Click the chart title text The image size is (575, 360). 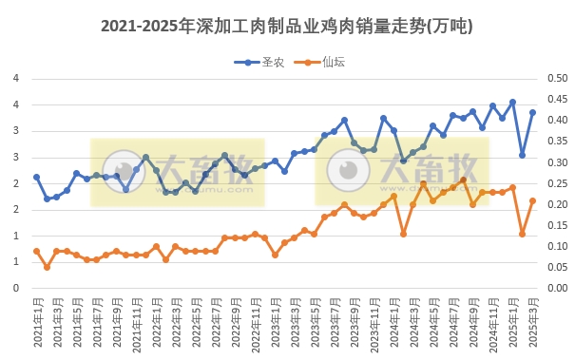pyautogui.click(x=286, y=27)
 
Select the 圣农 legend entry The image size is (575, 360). pyautogui.click(x=259, y=63)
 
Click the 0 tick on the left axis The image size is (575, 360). pyautogui.click(x=16, y=288)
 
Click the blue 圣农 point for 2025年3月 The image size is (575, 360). pyautogui.click(x=532, y=112)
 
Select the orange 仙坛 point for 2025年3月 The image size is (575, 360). pyautogui.click(x=532, y=200)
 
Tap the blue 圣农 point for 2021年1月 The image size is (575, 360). pyautogui.click(x=36, y=177)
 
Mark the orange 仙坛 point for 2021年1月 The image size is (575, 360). pyautogui.click(x=36, y=251)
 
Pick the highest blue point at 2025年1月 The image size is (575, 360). pyautogui.click(x=512, y=102)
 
